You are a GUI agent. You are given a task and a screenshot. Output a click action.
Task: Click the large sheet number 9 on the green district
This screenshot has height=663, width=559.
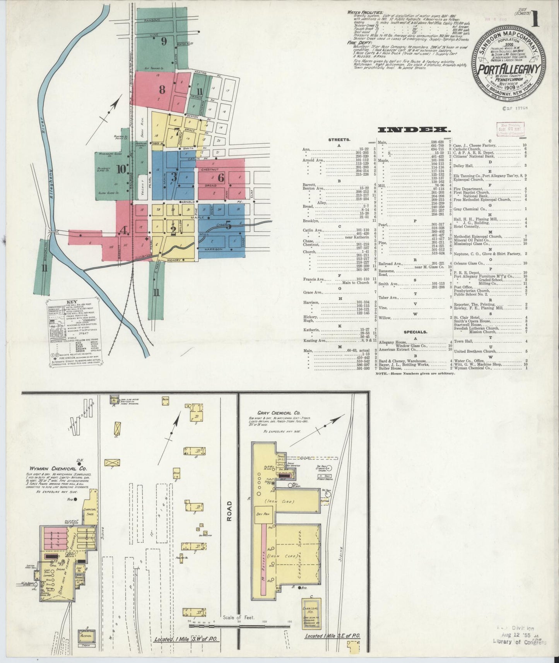164,40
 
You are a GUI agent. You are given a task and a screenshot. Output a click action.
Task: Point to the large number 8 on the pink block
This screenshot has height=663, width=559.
162,90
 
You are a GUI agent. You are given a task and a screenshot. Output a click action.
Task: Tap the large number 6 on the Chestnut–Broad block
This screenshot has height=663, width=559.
221,178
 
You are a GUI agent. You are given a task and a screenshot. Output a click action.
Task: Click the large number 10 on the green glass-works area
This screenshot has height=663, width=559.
122,169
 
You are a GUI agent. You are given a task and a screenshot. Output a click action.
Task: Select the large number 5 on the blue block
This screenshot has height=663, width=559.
228,225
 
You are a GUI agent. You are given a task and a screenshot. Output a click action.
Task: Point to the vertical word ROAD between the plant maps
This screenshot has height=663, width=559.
229,511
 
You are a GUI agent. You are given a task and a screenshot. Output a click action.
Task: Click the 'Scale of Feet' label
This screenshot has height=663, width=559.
239,617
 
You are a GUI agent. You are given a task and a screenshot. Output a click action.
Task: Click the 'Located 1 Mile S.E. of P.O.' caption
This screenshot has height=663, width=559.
332,636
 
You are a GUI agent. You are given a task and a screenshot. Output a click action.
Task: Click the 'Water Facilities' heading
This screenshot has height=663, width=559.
364,12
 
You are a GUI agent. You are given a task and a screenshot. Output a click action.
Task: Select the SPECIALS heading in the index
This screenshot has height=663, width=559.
415,332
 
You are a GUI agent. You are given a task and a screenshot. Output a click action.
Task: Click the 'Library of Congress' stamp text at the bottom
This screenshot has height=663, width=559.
519,641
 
